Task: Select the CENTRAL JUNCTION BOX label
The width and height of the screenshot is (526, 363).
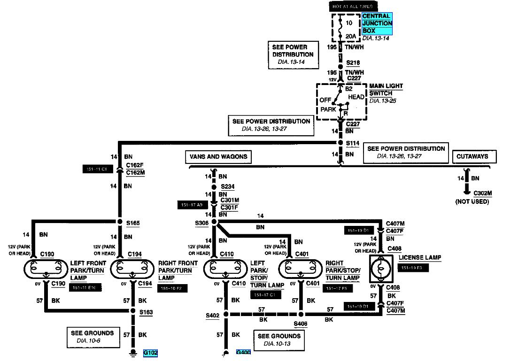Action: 377,23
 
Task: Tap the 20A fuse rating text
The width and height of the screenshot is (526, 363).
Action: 351,37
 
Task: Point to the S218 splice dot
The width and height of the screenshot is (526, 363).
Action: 340,67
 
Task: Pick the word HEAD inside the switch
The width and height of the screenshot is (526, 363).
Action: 356,97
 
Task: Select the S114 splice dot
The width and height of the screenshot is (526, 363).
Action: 340,143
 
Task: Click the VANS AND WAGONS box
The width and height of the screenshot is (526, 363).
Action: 218,157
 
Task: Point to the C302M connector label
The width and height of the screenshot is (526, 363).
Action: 482,193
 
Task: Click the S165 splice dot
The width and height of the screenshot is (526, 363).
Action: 120,222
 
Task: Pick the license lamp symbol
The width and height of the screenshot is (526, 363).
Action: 381,270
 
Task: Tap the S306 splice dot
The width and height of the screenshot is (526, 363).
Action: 214,222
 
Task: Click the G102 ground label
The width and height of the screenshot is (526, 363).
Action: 150,353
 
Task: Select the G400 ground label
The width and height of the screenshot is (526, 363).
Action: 243,353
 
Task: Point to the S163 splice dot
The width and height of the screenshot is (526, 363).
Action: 133,311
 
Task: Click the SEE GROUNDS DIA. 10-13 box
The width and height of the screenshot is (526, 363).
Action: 279,340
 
